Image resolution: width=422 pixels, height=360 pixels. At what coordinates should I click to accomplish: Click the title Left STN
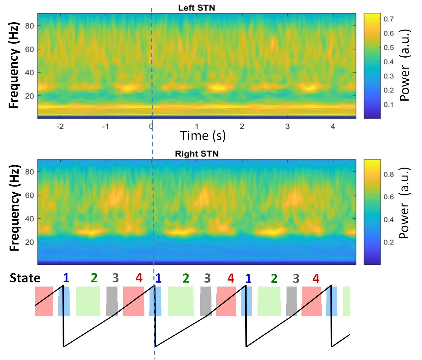click(x=197, y=8)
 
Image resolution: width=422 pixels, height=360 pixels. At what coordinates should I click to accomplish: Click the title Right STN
click(x=197, y=154)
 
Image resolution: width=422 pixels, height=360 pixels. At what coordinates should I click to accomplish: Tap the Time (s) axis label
click(x=203, y=136)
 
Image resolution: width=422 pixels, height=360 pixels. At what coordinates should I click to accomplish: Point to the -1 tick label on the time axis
click(x=105, y=126)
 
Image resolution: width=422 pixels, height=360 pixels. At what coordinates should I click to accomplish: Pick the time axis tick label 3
click(x=287, y=126)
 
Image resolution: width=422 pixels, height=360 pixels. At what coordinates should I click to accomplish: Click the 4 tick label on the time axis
click(x=333, y=126)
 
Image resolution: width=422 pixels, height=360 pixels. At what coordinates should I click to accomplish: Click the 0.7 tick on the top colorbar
click(x=388, y=19)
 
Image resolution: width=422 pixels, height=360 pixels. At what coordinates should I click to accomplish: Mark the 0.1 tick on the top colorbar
click(x=388, y=105)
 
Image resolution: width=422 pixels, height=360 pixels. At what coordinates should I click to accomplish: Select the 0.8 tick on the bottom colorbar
click(x=388, y=174)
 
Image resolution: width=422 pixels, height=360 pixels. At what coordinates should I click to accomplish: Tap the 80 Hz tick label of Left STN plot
click(x=30, y=26)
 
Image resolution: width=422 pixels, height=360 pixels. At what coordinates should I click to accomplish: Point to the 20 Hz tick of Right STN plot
click(x=30, y=242)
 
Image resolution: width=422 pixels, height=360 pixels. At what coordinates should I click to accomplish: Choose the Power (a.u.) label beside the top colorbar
click(x=405, y=65)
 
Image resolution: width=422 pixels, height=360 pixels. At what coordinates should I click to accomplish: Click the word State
click(x=25, y=278)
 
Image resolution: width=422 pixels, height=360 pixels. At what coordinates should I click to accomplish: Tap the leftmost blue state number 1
click(x=66, y=278)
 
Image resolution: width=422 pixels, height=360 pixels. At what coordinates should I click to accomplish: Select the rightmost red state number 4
click(x=316, y=278)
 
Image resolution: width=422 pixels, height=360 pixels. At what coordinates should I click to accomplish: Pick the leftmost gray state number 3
click(x=115, y=278)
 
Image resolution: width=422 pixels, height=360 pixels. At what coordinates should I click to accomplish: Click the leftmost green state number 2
click(x=94, y=278)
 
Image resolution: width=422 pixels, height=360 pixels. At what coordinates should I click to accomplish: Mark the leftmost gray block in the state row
click(x=112, y=301)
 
